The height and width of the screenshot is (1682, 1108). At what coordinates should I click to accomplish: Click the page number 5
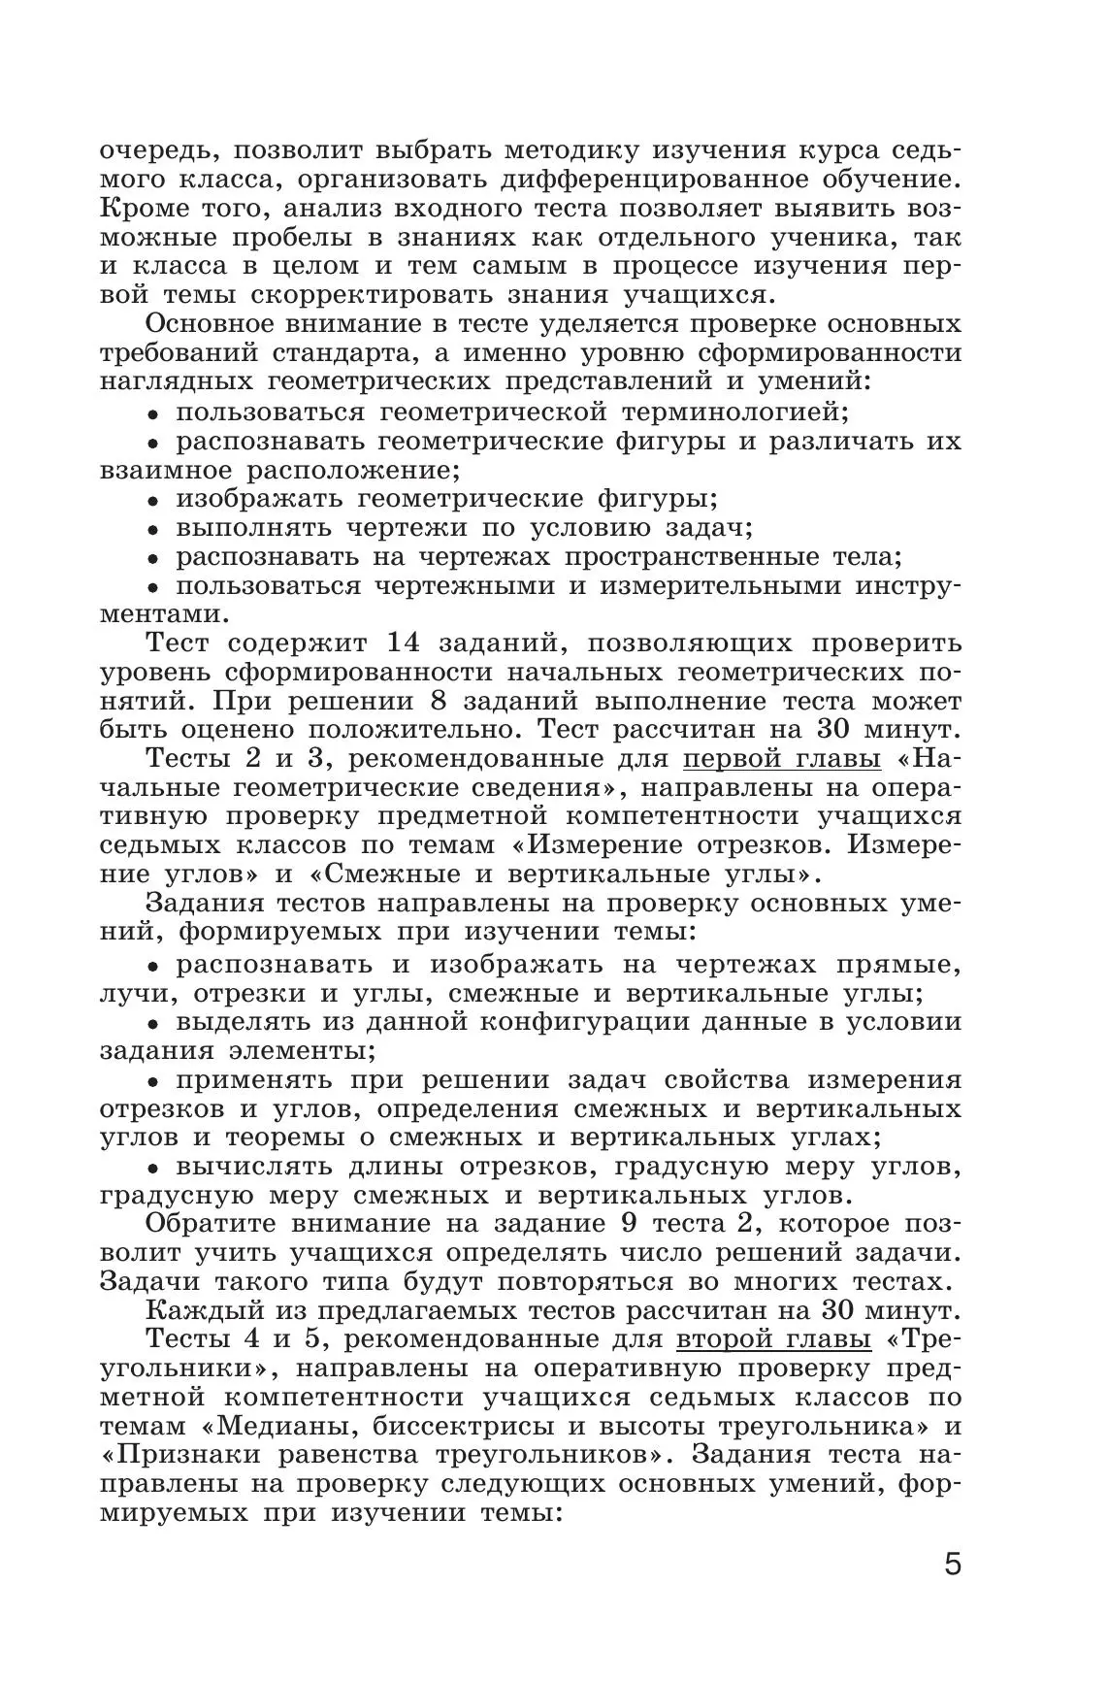click(953, 1593)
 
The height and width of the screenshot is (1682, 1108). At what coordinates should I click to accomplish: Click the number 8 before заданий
click(436, 702)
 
